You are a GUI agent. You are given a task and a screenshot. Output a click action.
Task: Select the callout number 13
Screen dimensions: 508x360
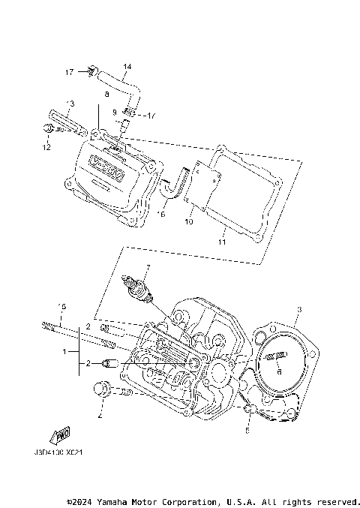coord(70,102)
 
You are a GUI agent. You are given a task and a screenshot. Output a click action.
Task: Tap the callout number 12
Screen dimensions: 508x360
coord(46,148)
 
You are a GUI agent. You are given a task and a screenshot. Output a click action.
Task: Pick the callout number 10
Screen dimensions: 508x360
coord(188,222)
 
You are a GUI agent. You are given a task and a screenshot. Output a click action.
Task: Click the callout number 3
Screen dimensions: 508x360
coord(298,309)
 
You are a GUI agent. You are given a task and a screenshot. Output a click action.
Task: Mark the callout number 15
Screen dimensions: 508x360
coord(63,306)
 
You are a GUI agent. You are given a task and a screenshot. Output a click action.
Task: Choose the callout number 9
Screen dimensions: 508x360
coord(115,112)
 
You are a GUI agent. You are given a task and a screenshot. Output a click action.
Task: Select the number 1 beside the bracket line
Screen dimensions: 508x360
coord(65,350)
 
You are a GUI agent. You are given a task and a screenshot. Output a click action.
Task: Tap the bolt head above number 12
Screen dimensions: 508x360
coord(47,131)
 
